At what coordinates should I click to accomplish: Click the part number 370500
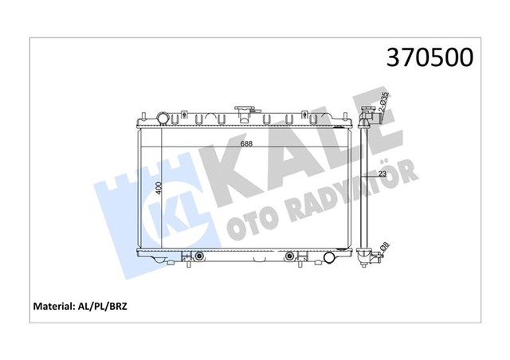(x=429, y=57)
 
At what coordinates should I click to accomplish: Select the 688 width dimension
(x=248, y=144)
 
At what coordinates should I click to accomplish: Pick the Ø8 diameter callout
(x=384, y=248)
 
